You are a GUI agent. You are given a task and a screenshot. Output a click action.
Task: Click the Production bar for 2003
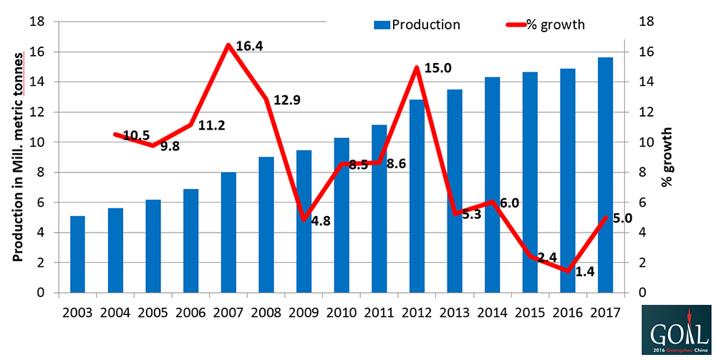tap(77, 254)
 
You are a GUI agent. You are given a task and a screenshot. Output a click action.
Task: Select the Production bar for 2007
tap(228, 232)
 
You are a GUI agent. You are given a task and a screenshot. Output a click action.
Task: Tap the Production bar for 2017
tap(605, 175)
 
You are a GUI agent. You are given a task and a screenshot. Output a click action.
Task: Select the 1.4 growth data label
tap(585, 271)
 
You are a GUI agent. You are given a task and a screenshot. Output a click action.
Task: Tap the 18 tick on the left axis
tap(38, 21)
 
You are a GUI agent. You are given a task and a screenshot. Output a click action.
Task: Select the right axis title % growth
tap(667, 157)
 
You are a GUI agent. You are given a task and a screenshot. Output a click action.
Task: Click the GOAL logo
tap(677, 330)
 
